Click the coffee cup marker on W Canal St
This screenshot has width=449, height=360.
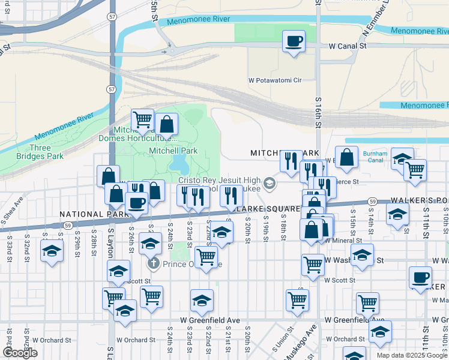pos(294,42)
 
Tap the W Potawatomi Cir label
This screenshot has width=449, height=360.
pos(274,80)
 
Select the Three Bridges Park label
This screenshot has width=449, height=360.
pos(47,152)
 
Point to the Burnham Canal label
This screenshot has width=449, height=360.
pos(375,157)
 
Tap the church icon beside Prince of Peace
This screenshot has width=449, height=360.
pos(153,263)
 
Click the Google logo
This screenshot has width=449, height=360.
pos(20,353)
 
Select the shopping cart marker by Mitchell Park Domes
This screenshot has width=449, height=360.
pos(142,121)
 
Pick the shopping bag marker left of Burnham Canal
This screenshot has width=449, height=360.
pos(346,158)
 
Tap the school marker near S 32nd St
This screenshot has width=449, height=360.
pos(52,251)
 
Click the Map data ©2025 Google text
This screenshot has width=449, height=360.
pos(411,355)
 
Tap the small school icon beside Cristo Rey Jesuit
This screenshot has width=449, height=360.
pos(270,184)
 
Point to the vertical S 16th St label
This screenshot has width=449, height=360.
pos(317,114)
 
